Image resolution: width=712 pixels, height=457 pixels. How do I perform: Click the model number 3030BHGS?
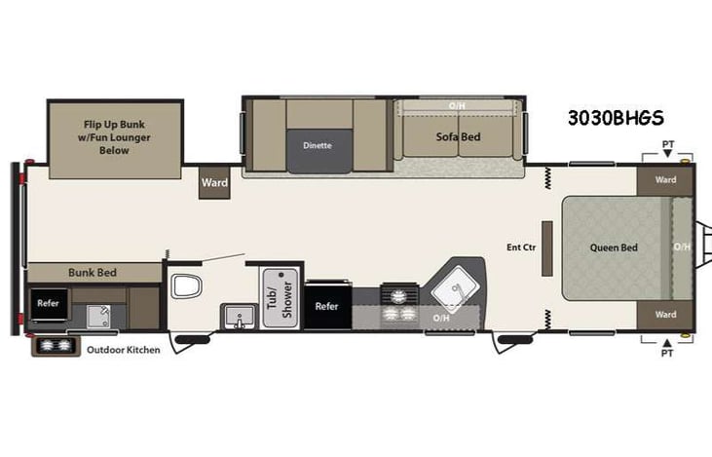(616, 118)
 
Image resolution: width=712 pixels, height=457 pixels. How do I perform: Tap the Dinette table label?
(318, 146)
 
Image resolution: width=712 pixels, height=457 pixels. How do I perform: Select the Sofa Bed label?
(458, 137)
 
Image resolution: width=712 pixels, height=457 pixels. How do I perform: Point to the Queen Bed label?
(614, 248)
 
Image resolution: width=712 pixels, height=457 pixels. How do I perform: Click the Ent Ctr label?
(522, 248)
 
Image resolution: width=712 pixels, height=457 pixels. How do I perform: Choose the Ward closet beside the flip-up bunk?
(214, 182)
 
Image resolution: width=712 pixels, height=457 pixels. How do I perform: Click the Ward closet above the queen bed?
(665, 180)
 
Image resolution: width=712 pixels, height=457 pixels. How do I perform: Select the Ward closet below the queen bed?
(665, 315)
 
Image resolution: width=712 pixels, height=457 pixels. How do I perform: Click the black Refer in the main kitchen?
(326, 306)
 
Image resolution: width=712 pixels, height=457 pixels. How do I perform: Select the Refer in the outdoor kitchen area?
(48, 303)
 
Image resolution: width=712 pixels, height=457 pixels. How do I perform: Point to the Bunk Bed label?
(93, 273)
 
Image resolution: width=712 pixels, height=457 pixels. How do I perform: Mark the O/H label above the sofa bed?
(457, 105)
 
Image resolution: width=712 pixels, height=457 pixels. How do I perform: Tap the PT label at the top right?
(667, 144)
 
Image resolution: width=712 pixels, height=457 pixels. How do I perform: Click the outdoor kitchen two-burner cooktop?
(56, 347)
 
